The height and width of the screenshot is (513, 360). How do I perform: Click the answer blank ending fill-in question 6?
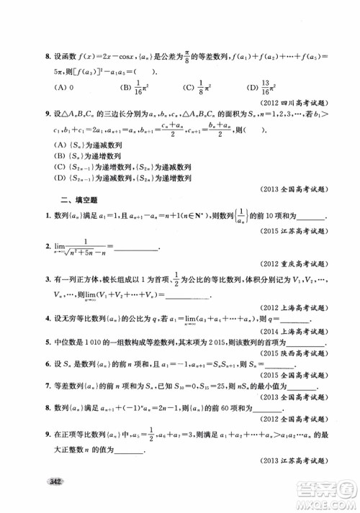[302, 366]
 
